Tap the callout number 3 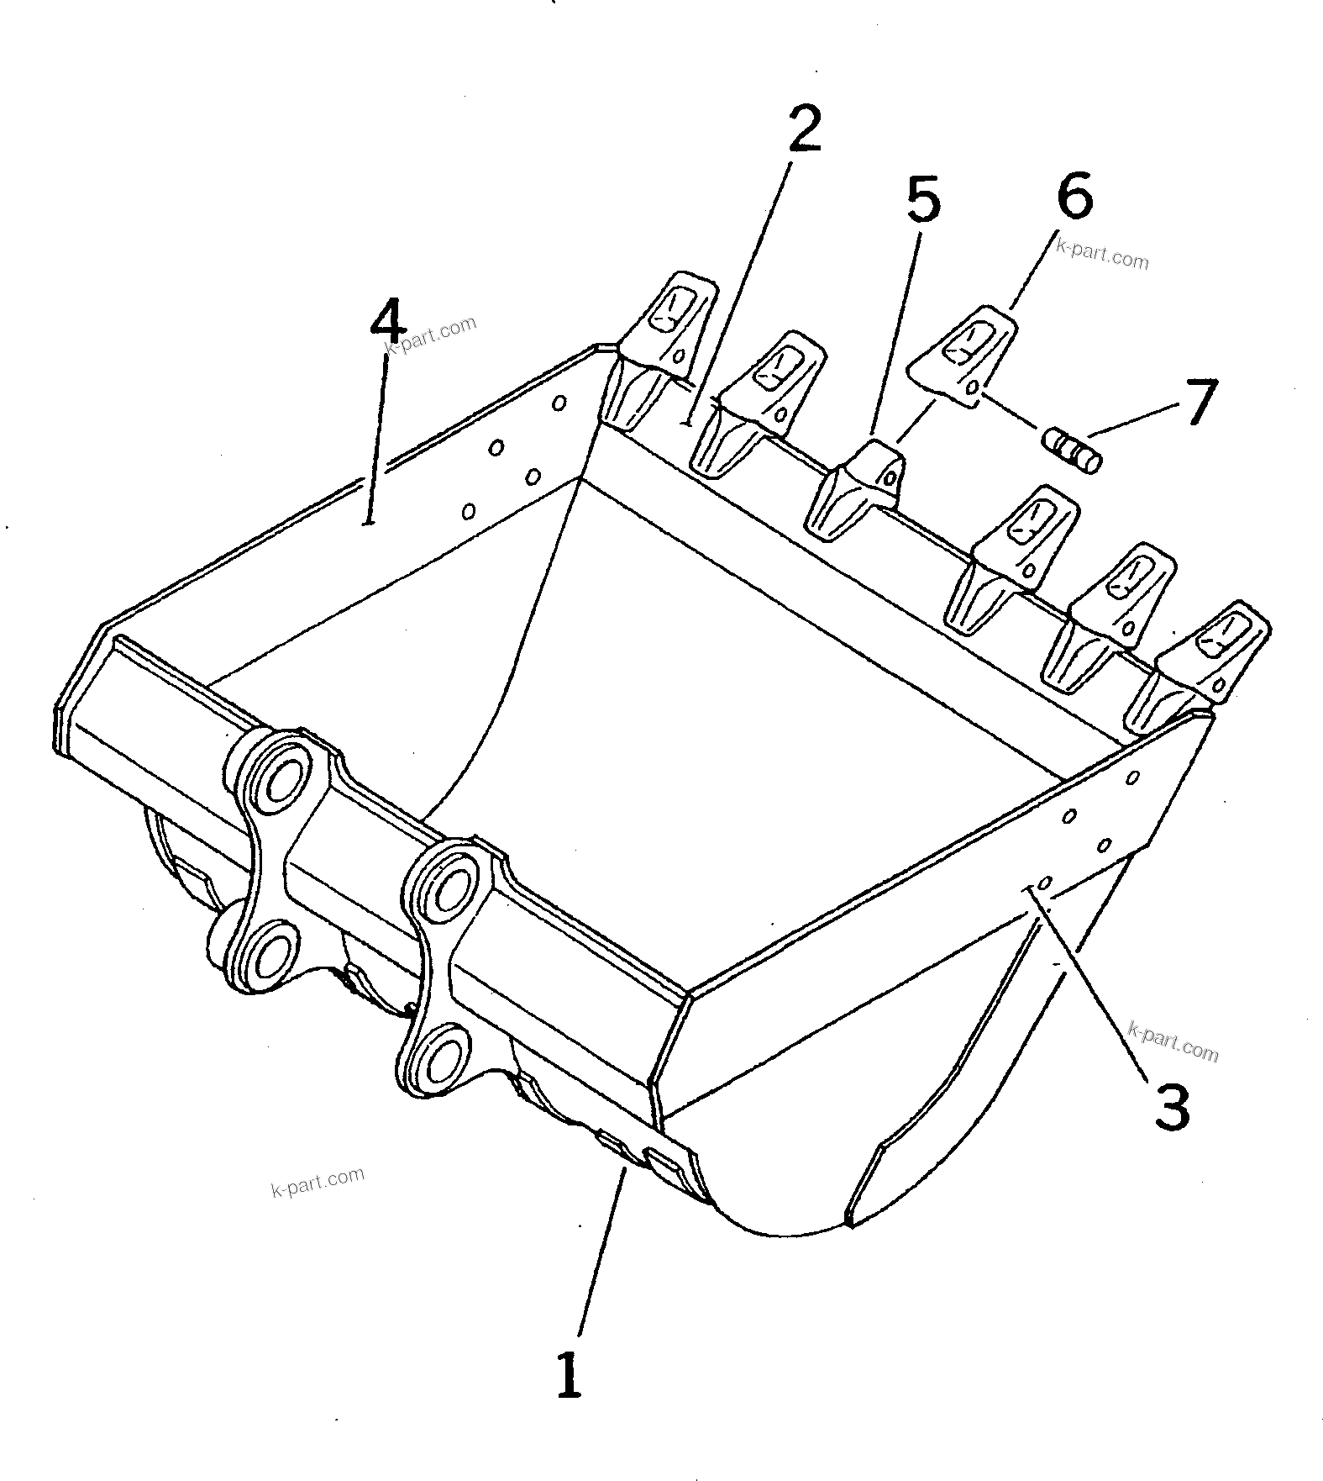[x=1170, y=1106]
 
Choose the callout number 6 [x=1074, y=196]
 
